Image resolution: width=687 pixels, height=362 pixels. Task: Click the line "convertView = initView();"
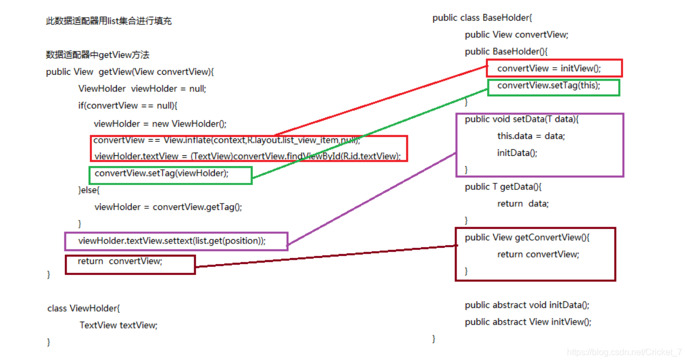coord(549,68)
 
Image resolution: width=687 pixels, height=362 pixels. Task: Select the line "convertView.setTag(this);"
coord(549,85)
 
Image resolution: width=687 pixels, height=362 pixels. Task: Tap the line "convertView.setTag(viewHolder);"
coord(161,173)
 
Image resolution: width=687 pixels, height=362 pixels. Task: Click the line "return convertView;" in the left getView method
coord(120,261)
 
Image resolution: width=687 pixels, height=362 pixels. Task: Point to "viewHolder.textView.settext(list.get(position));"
coord(172,241)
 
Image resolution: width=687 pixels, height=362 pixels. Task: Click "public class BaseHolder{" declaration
coord(483,18)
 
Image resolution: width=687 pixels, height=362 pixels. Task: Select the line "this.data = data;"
coord(531,136)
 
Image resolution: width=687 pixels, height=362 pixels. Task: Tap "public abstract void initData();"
coord(527,305)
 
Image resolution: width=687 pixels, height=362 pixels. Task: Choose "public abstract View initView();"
coord(528,322)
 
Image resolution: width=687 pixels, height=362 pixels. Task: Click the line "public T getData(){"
coord(503,187)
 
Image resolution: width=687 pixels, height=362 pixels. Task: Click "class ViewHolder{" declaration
coord(83,308)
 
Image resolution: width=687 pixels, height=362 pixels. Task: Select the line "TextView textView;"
coord(118,325)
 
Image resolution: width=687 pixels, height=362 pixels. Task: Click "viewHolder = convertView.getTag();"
coord(168,207)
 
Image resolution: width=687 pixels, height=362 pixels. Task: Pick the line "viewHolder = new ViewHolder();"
coord(160,123)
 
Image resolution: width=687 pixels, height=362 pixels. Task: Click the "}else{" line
coord(89,190)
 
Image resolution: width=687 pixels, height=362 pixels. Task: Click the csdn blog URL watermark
coord(624,352)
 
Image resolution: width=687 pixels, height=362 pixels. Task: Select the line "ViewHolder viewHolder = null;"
coord(142,88)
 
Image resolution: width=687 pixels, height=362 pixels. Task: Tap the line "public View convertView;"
coord(517,35)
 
